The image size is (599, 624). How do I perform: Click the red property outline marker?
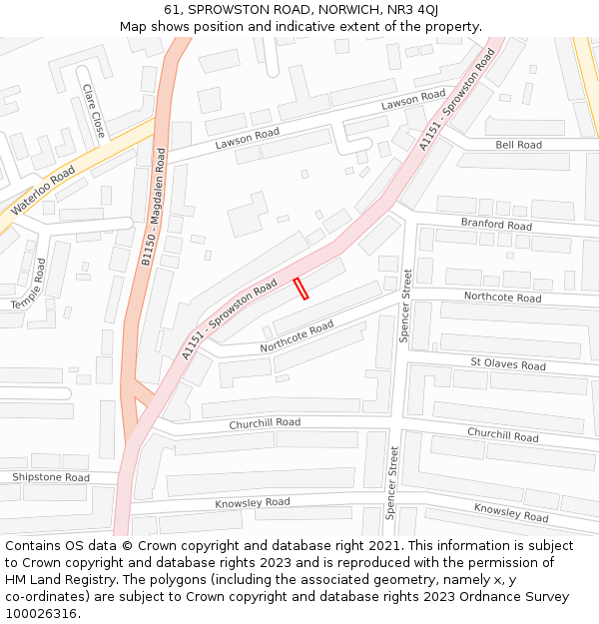click(300, 289)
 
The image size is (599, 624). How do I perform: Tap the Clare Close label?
click(94, 111)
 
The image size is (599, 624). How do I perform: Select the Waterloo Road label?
click(43, 191)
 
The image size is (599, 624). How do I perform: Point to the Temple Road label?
click(29, 284)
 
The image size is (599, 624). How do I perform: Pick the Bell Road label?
click(518, 145)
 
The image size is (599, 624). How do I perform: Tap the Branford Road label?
click(496, 225)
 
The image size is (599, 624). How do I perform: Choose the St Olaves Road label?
click(508, 364)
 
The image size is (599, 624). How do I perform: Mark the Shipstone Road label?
click(51, 477)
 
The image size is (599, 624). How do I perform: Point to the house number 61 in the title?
click(173, 9)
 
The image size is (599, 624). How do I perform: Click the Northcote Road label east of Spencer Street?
click(502, 297)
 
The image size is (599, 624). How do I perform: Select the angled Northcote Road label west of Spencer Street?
click(297, 336)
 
